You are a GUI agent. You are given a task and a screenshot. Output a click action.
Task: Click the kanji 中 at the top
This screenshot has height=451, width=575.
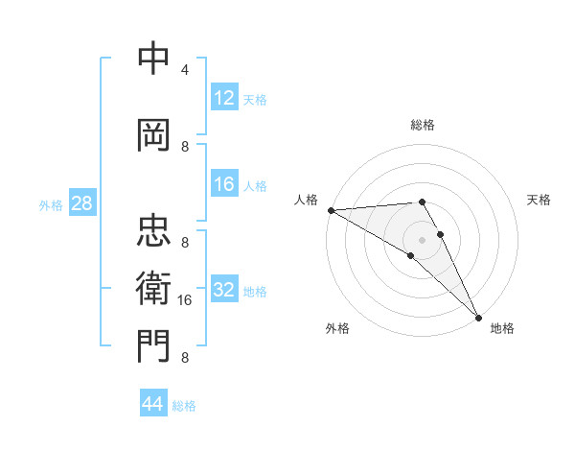click(153, 59)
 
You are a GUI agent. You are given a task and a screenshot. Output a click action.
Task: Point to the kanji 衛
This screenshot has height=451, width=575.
click(153, 288)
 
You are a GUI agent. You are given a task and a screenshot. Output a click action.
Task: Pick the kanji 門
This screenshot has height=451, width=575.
click(153, 346)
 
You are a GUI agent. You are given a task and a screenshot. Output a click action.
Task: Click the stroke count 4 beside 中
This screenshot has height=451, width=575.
click(185, 70)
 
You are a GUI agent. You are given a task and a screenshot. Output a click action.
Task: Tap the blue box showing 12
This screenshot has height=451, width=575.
click(224, 98)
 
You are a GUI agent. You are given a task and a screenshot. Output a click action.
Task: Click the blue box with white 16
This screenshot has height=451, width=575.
click(224, 184)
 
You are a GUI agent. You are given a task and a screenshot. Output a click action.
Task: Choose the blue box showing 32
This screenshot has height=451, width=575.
click(224, 290)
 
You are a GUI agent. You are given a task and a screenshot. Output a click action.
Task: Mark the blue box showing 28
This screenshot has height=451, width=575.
click(81, 203)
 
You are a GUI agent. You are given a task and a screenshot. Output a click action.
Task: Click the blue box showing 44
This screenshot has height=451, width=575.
click(152, 404)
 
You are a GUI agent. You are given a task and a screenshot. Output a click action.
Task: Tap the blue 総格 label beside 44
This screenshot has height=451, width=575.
click(184, 406)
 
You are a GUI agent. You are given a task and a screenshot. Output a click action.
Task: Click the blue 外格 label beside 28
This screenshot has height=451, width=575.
click(51, 204)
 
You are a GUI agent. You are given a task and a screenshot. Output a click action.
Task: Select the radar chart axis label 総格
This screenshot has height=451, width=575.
click(423, 125)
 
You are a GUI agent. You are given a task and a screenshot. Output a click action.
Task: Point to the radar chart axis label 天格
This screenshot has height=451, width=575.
click(540, 200)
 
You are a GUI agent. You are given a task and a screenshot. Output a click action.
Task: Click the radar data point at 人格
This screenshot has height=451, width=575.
click(331, 210)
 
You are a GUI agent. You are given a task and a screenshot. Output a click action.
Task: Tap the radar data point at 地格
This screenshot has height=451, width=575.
click(478, 317)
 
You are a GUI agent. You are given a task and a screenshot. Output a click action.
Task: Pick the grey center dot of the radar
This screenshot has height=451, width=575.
click(422, 238)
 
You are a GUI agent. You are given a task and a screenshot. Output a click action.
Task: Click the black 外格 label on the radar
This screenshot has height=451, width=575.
click(337, 328)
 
